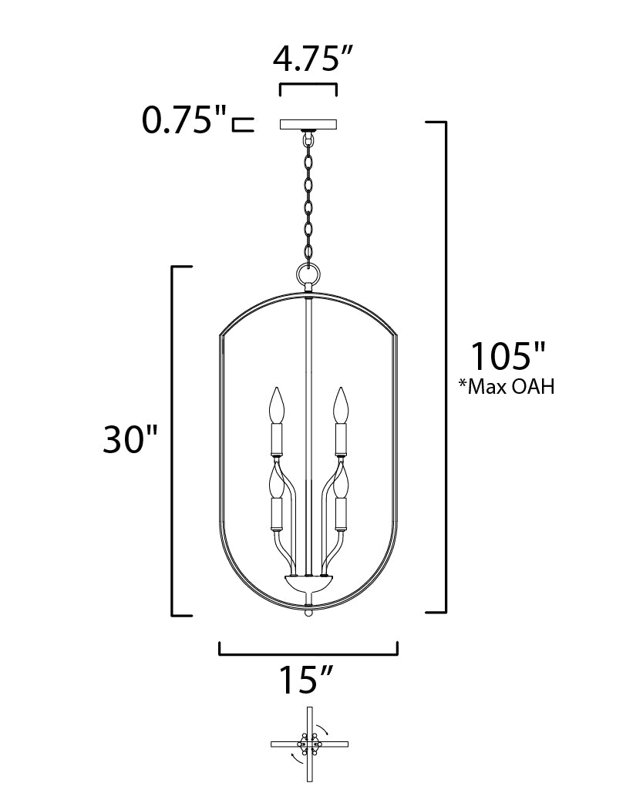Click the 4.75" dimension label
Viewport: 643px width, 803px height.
(312, 59)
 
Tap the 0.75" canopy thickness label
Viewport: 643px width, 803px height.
(183, 121)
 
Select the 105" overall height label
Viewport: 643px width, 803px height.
(508, 357)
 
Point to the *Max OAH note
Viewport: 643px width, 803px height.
(507, 387)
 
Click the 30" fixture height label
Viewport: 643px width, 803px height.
(130, 439)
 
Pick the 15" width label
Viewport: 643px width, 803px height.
(306, 680)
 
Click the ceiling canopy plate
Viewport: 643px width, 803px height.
(308, 124)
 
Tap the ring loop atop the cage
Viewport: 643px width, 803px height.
(308, 273)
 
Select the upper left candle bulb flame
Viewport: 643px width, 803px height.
(278, 405)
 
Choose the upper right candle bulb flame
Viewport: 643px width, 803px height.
(340, 405)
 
